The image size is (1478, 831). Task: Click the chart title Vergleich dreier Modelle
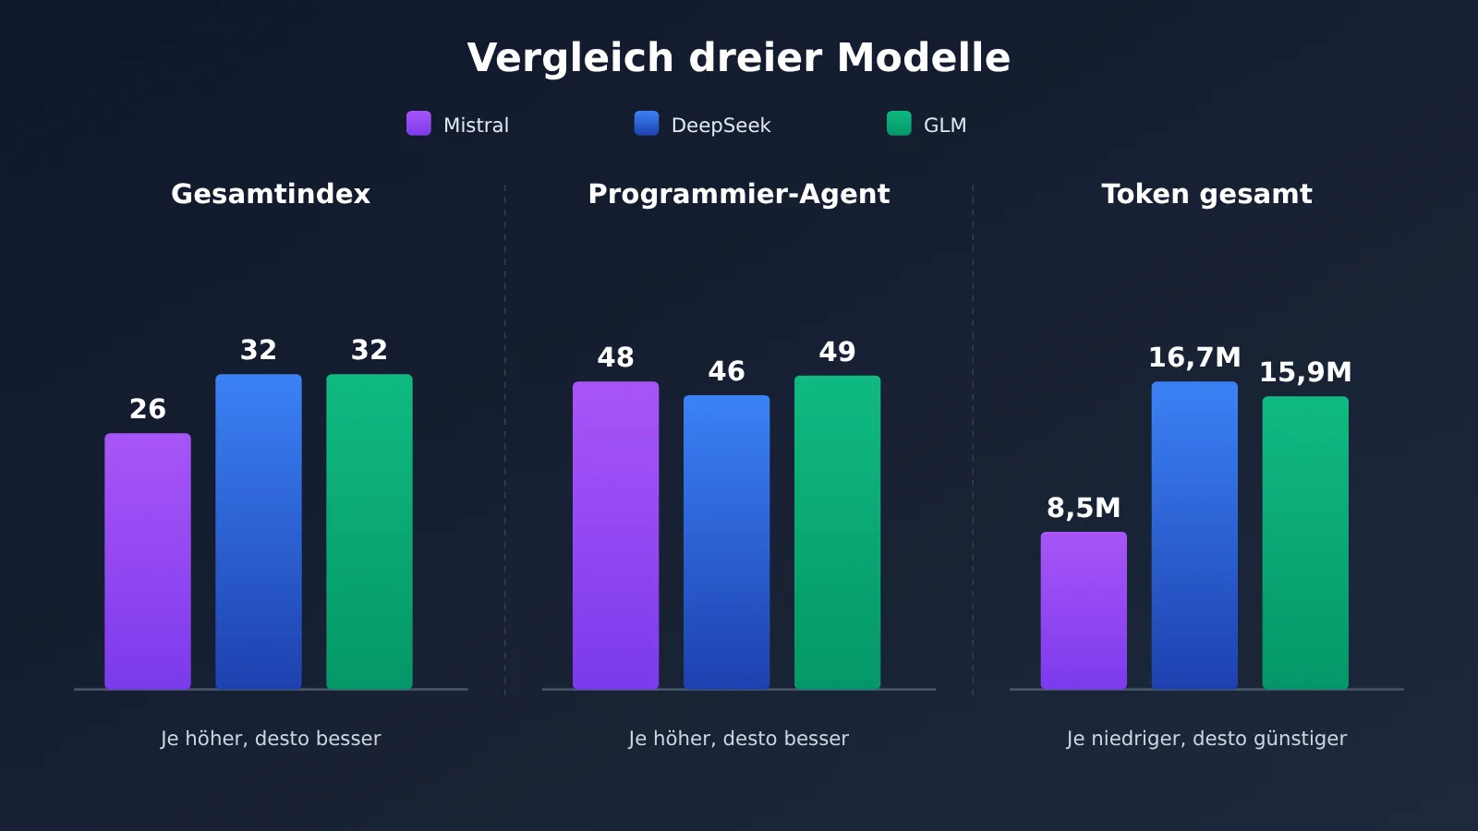tap(738, 58)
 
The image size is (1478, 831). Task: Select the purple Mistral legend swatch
tap(418, 124)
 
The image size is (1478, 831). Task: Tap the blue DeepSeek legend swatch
tap(647, 124)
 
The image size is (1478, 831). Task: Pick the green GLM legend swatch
tap(899, 124)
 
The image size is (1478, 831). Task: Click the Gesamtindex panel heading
tap(271, 194)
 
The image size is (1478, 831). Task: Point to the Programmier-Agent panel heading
tap(739, 195)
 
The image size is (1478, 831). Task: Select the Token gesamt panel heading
tap(1206, 195)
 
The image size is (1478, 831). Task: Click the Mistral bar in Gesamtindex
tap(148, 561)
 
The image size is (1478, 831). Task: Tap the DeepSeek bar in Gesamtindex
tap(259, 532)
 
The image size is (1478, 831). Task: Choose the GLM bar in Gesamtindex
tap(369, 532)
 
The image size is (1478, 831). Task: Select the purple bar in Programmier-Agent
tap(615, 536)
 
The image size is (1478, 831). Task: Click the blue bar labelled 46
tap(726, 542)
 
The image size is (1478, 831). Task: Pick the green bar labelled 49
tap(837, 533)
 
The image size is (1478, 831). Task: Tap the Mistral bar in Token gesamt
tap(1084, 610)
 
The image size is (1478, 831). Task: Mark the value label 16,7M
tap(1195, 358)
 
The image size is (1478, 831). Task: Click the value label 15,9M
tap(1306, 373)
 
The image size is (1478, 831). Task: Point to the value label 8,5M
tap(1084, 509)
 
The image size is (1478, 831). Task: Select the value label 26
tap(148, 410)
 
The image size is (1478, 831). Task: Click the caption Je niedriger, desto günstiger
tap(1206, 739)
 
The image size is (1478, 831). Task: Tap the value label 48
tap(615, 357)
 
